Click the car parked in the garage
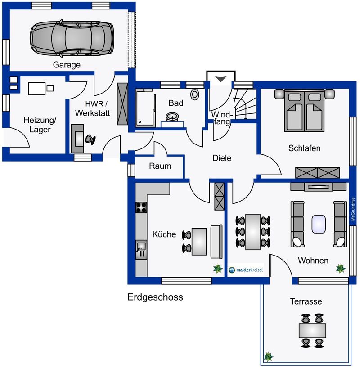click(72, 39)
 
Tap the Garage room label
click(67, 65)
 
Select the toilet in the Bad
click(195, 94)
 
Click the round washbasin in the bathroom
click(172, 117)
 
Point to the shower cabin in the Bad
click(146, 108)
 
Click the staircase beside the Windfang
click(245, 104)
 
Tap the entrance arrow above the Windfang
click(220, 79)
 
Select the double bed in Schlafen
click(304, 110)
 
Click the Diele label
click(222, 158)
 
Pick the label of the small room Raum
click(160, 166)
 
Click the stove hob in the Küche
click(141, 207)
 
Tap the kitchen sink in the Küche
click(141, 249)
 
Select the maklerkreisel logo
click(246, 270)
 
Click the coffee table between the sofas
click(319, 224)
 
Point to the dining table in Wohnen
click(253, 232)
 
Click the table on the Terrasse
click(312, 330)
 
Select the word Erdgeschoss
click(155, 297)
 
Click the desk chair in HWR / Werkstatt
click(90, 139)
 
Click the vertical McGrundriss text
click(353, 209)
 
